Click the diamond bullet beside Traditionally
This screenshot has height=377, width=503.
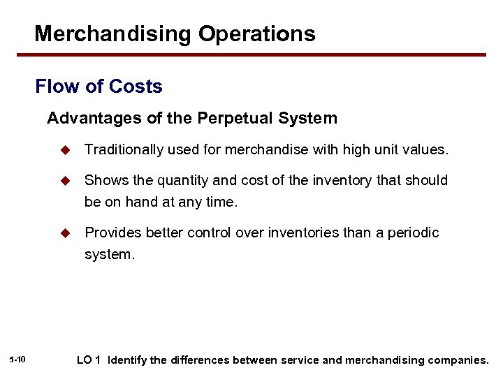(x=66, y=149)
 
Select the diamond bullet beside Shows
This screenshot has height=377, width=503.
(x=66, y=181)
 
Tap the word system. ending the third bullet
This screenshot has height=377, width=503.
(x=108, y=255)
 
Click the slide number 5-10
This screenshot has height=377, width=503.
(x=18, y=360)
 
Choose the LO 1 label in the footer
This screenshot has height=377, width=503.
(x=89, y=360)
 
